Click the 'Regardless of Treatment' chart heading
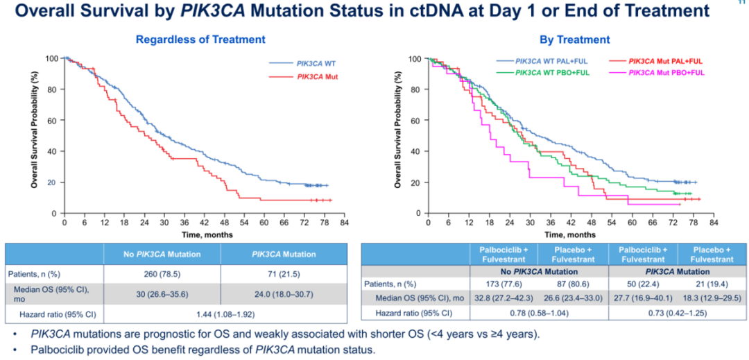(200, 40)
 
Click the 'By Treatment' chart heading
(575, 40)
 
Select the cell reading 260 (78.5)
(162, 275)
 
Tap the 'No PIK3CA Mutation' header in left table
(162, 253)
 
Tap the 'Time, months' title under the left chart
(201, 234)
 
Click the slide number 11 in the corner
(737, 3)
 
